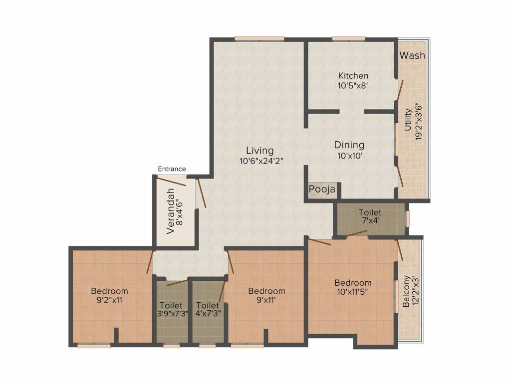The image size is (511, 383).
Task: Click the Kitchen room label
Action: [x=353, y=76]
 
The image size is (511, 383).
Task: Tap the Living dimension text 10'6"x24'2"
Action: [x=259, y=161]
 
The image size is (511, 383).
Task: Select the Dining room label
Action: [x=349, y=145]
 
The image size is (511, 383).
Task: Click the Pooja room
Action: [x=322, y=190]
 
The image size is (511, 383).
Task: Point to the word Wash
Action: [x=413, y=55]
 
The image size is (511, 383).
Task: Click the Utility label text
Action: [x=408, y=120]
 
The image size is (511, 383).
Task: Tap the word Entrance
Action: [x=172, y=169]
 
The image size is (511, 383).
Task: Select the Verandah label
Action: [x=171, y=211]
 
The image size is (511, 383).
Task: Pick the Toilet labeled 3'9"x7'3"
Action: [x=171, y=310]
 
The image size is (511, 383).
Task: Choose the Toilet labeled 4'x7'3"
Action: [x=208, y=310]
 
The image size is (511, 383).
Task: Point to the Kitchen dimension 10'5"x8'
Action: [x=353, y=85]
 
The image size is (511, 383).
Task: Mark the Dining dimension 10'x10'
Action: [x=349, y=156]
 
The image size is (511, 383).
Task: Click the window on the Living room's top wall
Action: [x=259, y=38]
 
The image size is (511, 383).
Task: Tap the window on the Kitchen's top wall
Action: [x=349, y=38]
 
